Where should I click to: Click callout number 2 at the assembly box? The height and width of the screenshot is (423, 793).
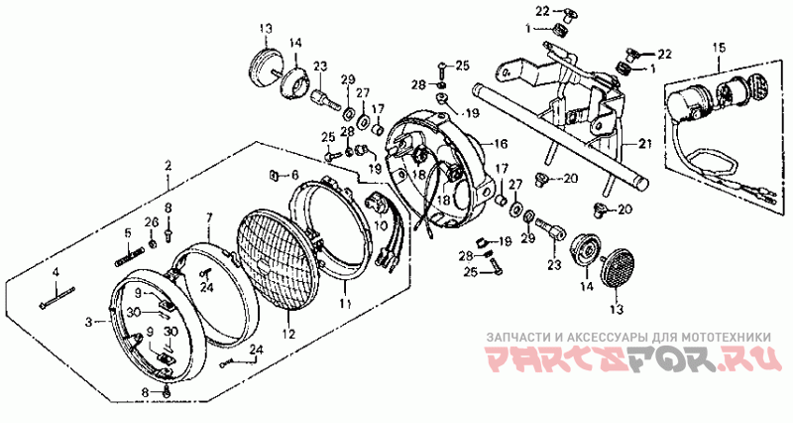(x=168, y=164)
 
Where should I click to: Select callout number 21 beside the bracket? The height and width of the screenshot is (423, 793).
(x=646, y=145)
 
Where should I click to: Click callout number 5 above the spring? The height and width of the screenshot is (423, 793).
(x=127, y=233)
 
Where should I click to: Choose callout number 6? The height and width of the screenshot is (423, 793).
(x=294, y=175)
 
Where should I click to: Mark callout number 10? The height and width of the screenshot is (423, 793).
(x=382, y=225)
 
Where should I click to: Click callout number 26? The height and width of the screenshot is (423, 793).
(x=152, y=221)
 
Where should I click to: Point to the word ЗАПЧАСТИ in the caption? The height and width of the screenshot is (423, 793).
(x=509, y=337)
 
